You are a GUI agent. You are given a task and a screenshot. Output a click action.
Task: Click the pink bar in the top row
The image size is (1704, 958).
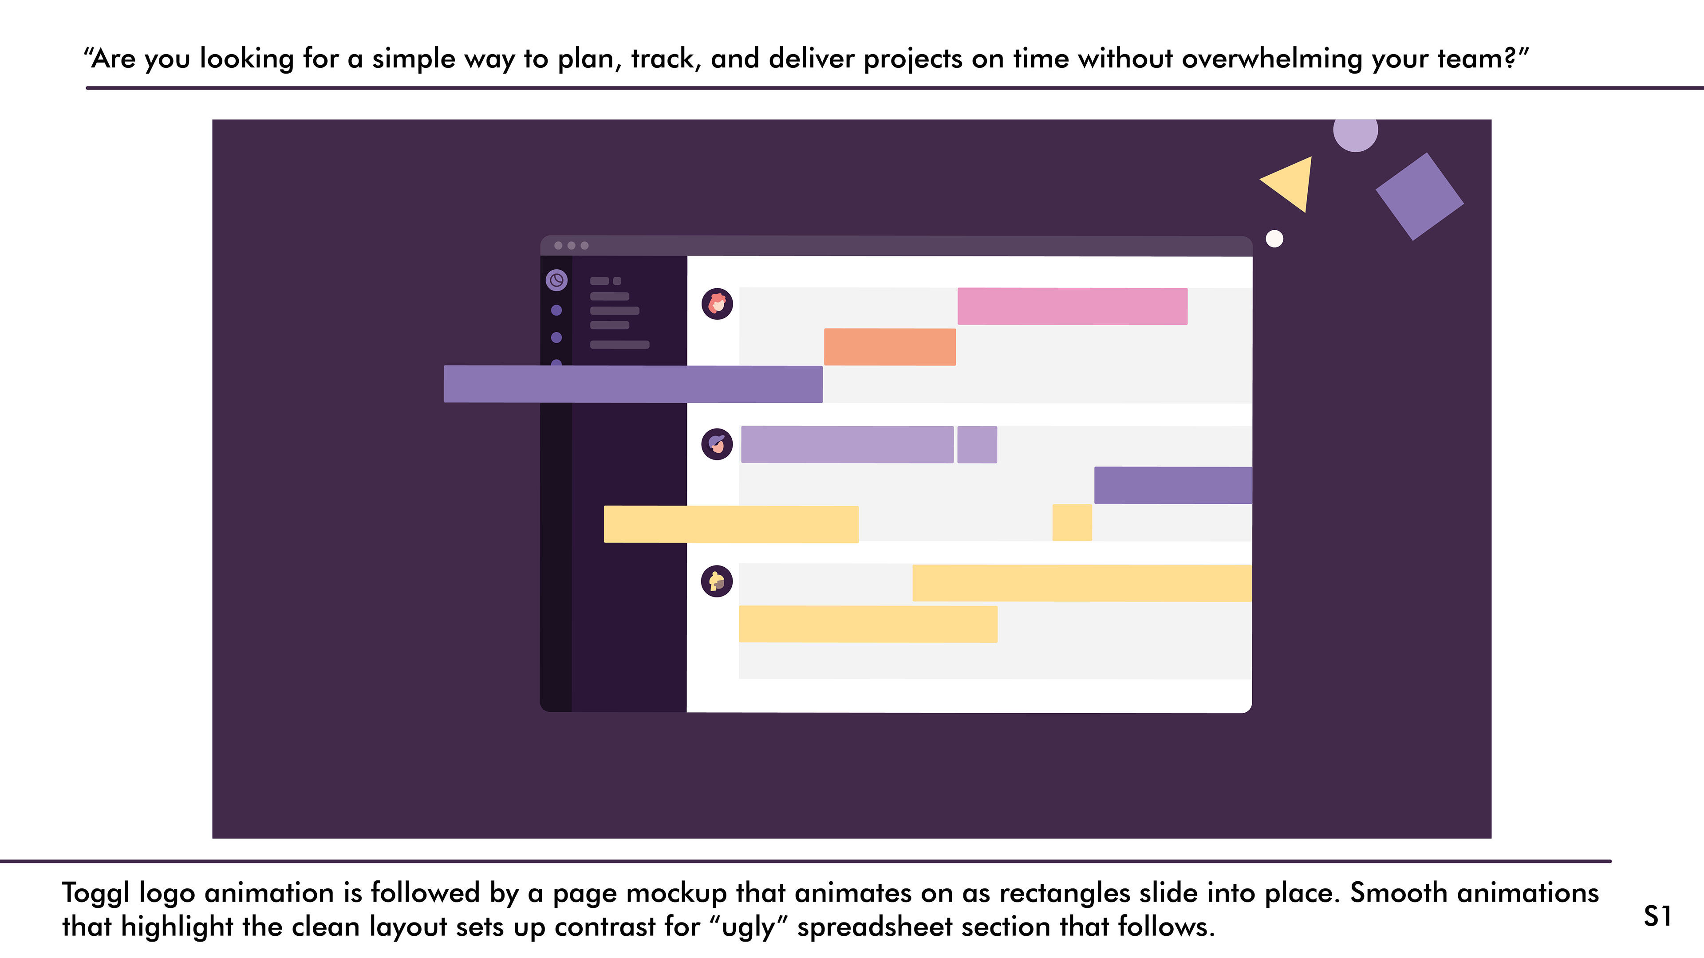[1072, 306]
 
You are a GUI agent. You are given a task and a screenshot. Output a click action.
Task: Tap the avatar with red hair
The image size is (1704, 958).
[717, 304]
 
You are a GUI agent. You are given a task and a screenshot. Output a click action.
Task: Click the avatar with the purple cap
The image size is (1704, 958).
[717, 444]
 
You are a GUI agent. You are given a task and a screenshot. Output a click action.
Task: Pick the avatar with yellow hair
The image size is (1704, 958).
[717, 581]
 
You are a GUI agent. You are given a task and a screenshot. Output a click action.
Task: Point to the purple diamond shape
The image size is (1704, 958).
[1420, 196]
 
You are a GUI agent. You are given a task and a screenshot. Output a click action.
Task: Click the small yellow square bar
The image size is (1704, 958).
[1072, 522]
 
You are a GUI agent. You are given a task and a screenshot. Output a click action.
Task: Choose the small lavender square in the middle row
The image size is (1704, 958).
[977, 444]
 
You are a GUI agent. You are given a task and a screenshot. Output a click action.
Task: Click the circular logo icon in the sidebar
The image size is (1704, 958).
[556, 280]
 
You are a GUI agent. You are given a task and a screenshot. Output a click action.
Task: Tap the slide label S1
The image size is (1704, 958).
[1658, 916]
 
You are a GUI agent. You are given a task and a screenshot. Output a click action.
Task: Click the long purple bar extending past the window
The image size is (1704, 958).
[633, 384]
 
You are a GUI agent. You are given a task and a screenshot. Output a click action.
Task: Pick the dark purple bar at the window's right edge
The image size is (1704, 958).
[1173, 485]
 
